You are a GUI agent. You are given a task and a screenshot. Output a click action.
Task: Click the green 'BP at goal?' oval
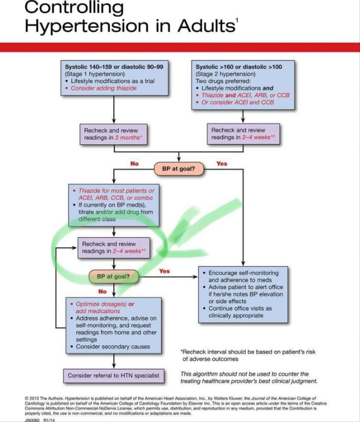(x=110, y=275)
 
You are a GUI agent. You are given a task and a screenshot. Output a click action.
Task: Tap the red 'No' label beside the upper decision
(x=134, y=164)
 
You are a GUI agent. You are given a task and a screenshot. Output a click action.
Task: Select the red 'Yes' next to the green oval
(x=165, y=271)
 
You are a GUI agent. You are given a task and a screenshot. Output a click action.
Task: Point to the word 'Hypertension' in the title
(x=83, y=26)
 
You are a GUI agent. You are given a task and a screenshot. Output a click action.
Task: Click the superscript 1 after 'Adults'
(x=237, y=19)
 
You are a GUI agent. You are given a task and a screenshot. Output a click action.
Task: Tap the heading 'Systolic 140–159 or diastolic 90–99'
(x=114, y=68)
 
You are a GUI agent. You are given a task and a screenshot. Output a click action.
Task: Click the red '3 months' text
(x=128, y=138)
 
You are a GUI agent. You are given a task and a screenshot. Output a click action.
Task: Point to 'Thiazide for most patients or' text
(x=116, y=191)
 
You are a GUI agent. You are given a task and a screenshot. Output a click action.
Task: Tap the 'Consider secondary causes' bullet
(x=113, y=347)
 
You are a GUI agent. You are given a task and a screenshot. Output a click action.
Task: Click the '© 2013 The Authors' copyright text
(x=42, y=398)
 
